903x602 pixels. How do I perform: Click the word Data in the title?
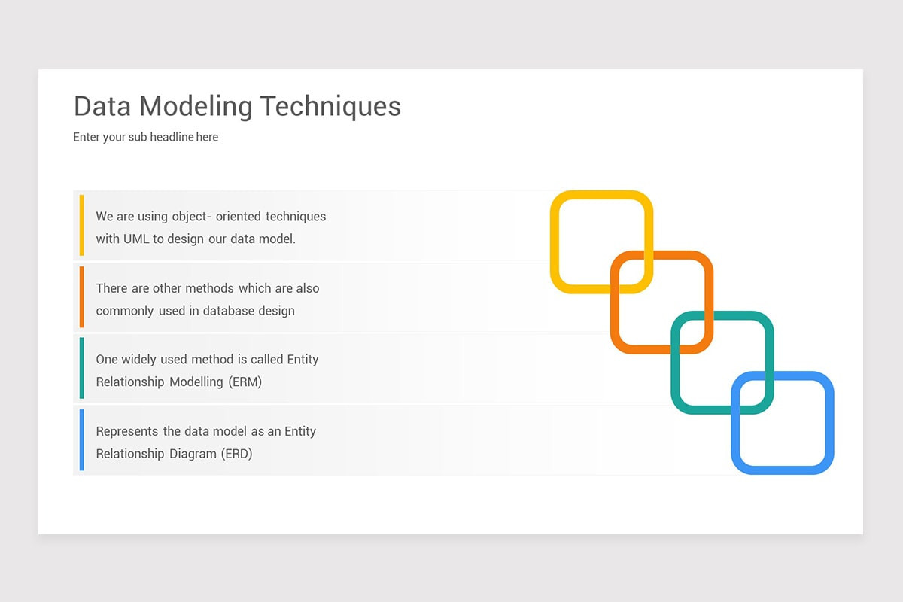pos(103,106)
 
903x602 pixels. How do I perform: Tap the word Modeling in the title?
pos(199,106)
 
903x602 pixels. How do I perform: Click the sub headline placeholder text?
pos(145,137)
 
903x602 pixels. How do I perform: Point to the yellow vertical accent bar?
pos(81,225)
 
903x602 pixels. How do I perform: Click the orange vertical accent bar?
pos(81,296)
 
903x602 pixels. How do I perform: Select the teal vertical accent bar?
pos(81,368)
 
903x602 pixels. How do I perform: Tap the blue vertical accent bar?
pos(81,439)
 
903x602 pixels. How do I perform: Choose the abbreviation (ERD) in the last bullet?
pos(236,454)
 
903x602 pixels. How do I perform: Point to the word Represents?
pos(127,431)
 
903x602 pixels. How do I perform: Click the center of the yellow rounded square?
pos(601,242)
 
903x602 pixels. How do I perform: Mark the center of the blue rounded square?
pos(783,422)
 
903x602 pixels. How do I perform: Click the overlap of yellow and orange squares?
pos(631,272)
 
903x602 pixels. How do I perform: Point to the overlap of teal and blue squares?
pos(752,392)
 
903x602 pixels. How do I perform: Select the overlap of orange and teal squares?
pos(692,332)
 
